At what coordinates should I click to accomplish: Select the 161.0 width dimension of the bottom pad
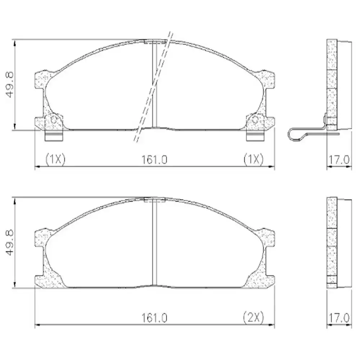154,318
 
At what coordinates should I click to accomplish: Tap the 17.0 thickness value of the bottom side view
338,318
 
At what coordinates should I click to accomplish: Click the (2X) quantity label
253,318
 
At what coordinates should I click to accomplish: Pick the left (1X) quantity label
55,159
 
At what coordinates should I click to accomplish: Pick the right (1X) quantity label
253,159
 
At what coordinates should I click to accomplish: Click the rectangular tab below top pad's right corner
255,135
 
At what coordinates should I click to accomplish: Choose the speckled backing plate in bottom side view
332,243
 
